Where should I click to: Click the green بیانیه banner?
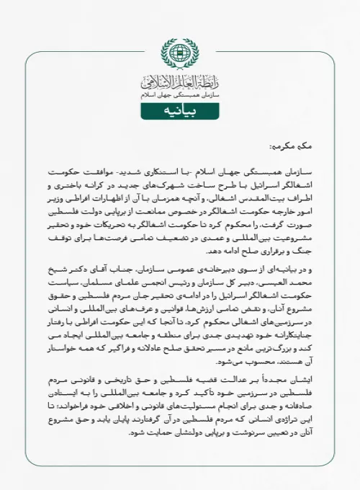click(x=179, y=112)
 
